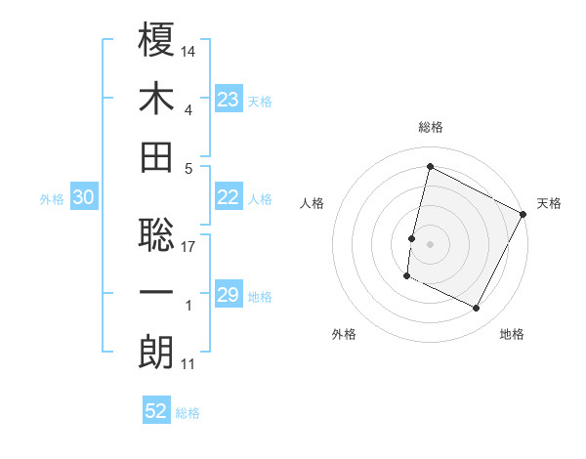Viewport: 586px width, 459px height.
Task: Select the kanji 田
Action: point(157,156)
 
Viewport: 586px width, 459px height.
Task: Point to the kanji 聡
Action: point(157,235)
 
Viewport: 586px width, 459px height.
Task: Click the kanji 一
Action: point(157,294)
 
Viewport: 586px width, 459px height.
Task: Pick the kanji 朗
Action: point(157,353)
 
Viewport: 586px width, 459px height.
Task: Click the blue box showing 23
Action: point(228,99)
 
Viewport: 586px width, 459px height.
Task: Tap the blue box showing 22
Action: point(228,197)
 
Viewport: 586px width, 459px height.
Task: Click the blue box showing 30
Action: point(83,197)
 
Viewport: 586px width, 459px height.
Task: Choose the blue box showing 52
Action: point(156,411)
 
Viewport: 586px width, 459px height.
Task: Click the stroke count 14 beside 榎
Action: point(189,50)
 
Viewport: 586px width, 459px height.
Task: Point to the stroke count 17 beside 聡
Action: point(189,246)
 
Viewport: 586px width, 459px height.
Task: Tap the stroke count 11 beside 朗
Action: point(188,364)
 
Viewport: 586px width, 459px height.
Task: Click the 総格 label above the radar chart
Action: point(431,127)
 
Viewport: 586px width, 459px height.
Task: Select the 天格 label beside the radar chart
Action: point(549,203)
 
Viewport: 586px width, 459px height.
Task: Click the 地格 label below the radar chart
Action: point(512,334)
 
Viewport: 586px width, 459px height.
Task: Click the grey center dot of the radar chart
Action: point(431,243)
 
